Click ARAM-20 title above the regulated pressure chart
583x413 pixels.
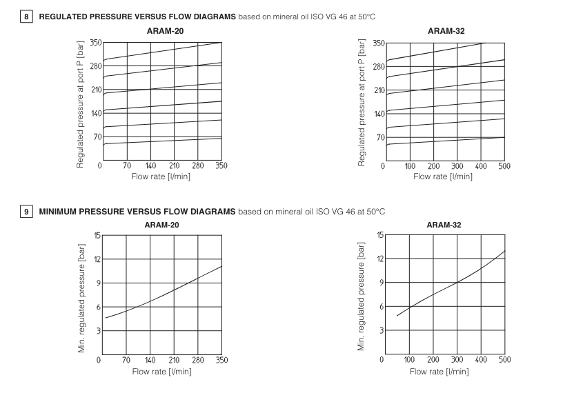tap(161, 31)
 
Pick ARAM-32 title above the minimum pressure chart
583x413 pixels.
tap(444, 225)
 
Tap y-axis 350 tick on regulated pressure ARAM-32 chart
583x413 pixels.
tap(379, 43)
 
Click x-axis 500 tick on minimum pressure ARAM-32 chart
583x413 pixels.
tap(504, 359)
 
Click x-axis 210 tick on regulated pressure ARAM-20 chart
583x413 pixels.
tap(174, 165)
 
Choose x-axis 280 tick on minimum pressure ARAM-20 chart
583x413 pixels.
tap(198, 359)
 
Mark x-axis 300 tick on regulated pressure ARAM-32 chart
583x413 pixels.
tap(457, 165)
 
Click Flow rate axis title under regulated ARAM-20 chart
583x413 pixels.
tap(161, 177)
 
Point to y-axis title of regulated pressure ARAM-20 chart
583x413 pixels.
tap(81, 103)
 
